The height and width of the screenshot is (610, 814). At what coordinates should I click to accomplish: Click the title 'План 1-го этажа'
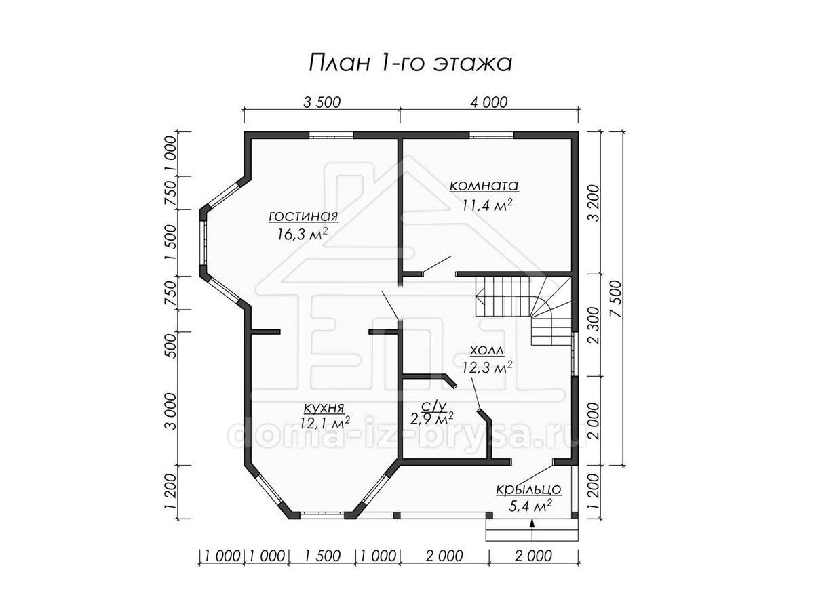(410, 63)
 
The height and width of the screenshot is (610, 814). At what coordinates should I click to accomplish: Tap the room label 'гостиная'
(303, 216)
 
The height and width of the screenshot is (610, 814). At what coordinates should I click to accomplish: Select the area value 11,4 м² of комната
(487, 204)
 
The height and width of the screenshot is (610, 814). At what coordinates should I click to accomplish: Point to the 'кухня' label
(324, 409)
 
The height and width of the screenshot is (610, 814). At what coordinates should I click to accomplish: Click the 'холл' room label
(487, 350)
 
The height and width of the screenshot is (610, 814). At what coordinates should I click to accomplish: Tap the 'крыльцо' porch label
(529, 489)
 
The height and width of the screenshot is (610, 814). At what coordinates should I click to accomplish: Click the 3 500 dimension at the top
(322, 102)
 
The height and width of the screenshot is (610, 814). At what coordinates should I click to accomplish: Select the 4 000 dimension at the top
(488, 102)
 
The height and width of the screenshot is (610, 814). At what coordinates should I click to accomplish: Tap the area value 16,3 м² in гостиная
(303, 234)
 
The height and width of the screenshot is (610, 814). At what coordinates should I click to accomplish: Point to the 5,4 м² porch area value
(530, 506)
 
